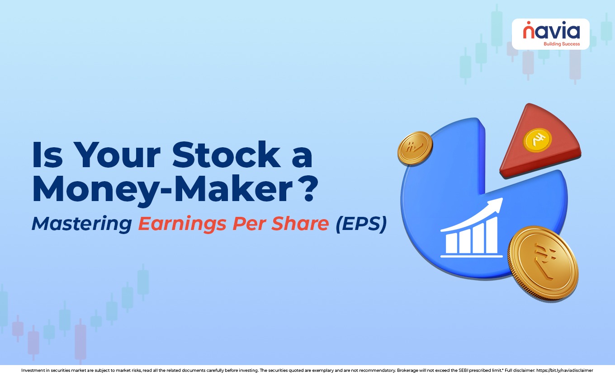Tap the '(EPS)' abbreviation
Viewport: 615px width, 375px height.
point(361,224)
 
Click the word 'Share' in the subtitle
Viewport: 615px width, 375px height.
point(304,224)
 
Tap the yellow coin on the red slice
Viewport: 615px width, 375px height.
point(538,140)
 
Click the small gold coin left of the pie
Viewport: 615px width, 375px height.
point(415,147)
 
